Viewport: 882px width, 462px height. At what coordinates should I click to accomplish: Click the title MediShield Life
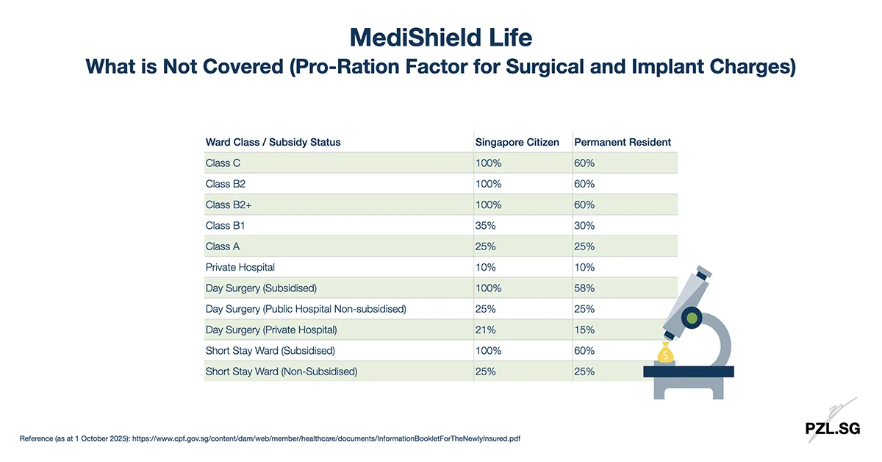(x=440, y=37)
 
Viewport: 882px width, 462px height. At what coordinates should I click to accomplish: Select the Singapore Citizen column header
(x=517, y=142)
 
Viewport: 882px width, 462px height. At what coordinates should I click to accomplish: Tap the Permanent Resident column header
(x=622, y=142)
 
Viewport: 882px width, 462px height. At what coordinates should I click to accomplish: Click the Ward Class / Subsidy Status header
(x=273, y=142)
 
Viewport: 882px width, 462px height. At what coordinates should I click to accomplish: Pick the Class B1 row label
(x=225, y=226)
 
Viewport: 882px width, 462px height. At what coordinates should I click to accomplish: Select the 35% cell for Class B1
(x=487, y=226)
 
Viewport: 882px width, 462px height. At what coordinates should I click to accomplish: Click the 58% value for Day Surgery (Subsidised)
(x=584, y=288)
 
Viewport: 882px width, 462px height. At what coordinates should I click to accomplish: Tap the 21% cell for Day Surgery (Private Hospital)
(x=485, y=330)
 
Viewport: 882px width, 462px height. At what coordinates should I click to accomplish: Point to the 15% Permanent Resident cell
(x=584, y=330)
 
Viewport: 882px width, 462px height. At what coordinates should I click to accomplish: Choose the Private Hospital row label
(x=240, y=268)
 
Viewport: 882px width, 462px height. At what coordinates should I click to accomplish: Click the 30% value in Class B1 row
(x=584, y=226)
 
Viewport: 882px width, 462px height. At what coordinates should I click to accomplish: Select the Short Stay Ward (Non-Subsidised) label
(x=281, y=372)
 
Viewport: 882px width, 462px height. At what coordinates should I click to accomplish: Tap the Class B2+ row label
(x=229, y=205)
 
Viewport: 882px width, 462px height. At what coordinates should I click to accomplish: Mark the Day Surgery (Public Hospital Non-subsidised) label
(x=305, y=310)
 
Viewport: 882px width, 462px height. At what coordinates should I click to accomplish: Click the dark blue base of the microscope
(x=689, y=372)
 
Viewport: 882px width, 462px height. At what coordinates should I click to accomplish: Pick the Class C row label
(x=223, y=163)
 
